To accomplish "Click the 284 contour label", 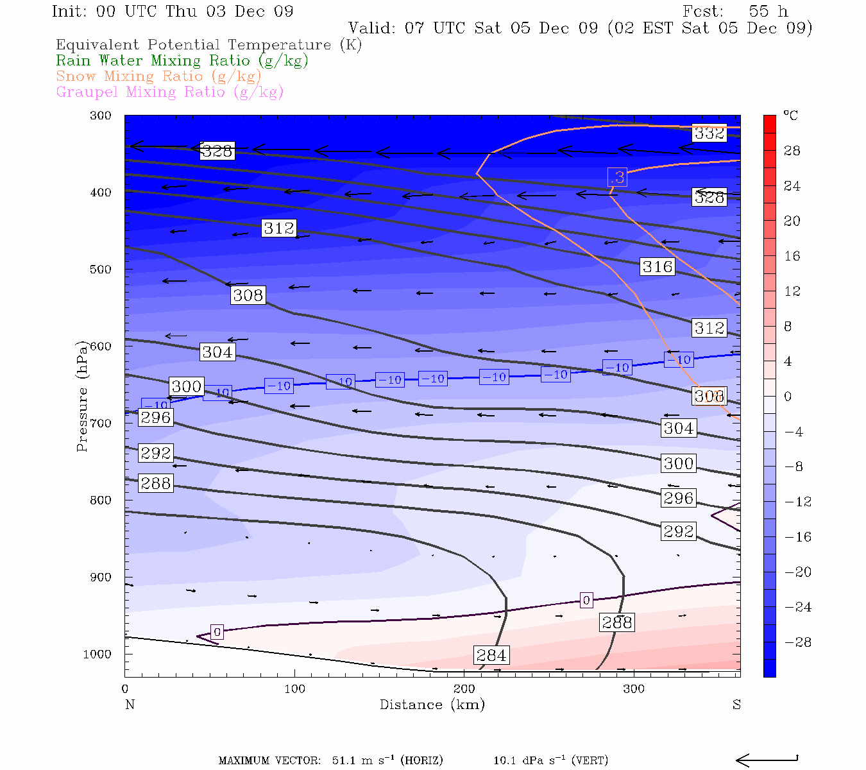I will point(491,655).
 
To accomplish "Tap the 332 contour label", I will point(709,133).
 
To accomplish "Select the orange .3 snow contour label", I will point(617,177).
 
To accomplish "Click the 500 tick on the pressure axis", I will point(101,269).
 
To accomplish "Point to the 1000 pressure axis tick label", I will point(97,654).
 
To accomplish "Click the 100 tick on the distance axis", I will point(294,689).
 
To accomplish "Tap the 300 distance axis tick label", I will point(634,689).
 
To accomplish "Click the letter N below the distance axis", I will point(130,705).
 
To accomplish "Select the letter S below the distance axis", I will point(736,705).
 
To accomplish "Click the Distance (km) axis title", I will point(432,705).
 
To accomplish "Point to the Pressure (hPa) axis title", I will point(82,396).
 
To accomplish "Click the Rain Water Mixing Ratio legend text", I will point(182,61).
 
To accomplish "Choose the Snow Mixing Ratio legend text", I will point(158,76).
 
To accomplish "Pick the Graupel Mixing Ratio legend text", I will point(169,92).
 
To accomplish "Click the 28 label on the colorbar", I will point(792,151).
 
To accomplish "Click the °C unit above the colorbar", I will point(791,116).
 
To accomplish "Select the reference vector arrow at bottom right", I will point(767,760).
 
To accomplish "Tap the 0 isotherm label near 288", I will point(586,601).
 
